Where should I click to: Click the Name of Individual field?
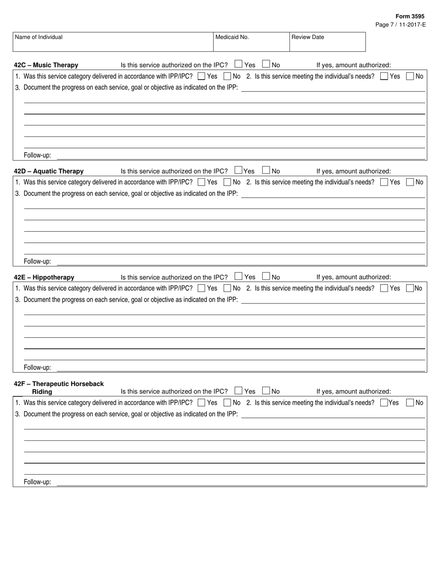tap(113, 42)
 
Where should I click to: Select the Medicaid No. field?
tap(251, 42)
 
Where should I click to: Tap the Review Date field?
tap(327, 42)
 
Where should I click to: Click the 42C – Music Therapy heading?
tap(46, 65)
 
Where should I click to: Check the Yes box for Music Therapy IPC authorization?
tap(239, 64)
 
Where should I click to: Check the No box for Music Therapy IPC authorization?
tap(266, 64)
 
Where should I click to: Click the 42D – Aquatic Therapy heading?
tap(49, 171)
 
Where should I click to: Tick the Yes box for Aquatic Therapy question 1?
tap(201, 182)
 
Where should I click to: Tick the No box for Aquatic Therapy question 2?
tap(410, 182)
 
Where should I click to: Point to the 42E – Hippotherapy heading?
tap(44, 278)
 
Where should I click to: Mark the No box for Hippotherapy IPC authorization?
tap(266, 277)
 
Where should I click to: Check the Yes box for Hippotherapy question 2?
tap(384, 288)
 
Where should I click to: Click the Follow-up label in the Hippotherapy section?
tap(38, 367)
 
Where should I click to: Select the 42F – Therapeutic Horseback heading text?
tap(59, 384)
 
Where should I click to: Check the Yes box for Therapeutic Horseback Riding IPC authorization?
tap(239, 391)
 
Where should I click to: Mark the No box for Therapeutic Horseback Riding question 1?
tap(227, 403)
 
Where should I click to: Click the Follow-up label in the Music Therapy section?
tap(38, 155)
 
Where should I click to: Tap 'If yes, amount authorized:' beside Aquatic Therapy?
tap(353, 171)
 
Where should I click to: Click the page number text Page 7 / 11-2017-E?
tap(400, 25)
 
